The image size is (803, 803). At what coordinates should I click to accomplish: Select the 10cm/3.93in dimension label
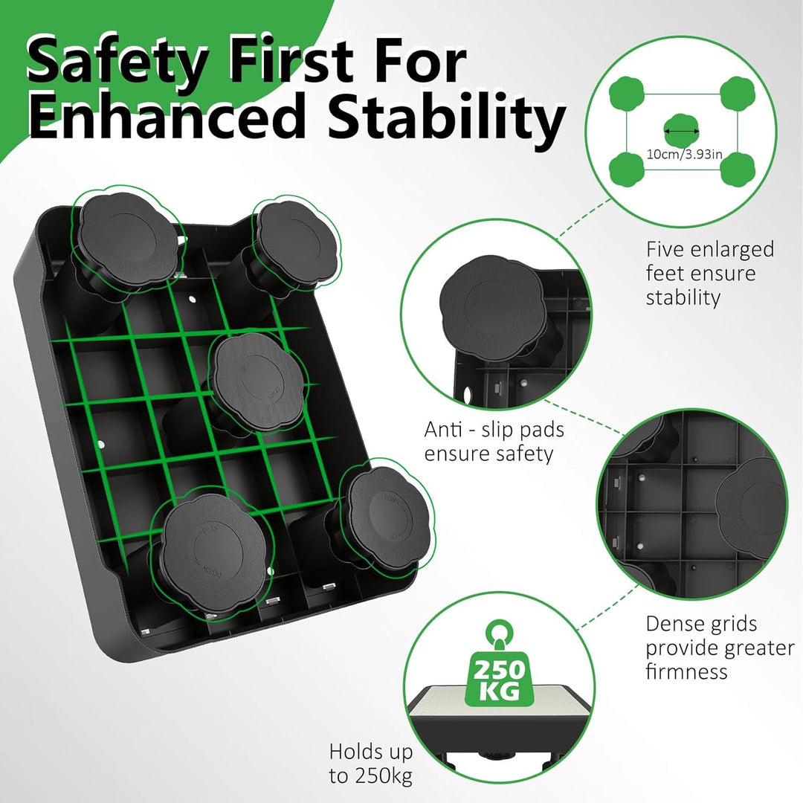click(685, 154)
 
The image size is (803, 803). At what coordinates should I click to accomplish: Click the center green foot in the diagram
click(682, 131)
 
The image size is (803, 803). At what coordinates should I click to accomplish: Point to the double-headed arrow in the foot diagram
click(682, 131)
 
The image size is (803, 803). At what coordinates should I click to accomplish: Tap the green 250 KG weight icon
click(499, 676)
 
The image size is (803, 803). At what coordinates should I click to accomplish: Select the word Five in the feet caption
click(665, 250)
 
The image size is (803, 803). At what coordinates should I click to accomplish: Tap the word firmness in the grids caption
click(686, 671)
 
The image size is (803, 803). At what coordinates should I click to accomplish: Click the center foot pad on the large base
click(257, 381)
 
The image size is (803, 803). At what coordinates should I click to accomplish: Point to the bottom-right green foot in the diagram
click(738, 170)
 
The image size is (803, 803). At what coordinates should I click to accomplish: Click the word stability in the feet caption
click(683, 297)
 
